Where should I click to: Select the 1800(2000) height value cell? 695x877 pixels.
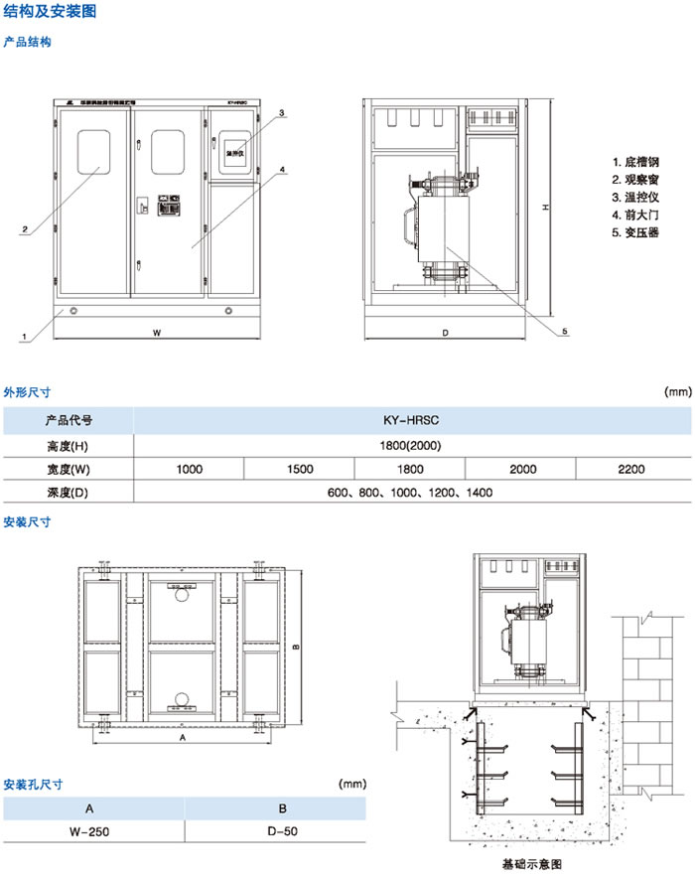(x=410, y=445)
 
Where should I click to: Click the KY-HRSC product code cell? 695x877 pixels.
(x=410, y=421)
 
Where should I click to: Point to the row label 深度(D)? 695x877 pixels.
(x=69, y=493)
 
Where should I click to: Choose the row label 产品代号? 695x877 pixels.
(x=69, y=421)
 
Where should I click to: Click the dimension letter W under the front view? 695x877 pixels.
(x=157, y=334)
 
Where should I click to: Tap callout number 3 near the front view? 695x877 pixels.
(x=282, y=113)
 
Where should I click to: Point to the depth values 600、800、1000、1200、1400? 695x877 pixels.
(x=410, y=493)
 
